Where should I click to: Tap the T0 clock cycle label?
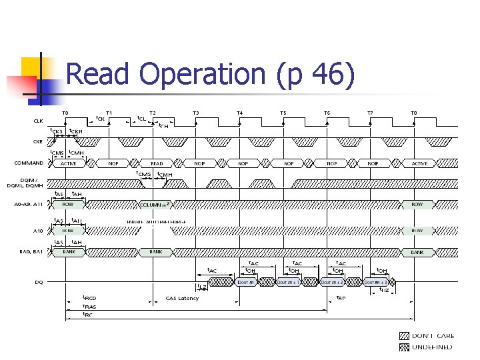pos(65,113)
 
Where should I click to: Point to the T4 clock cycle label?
pos(240,113)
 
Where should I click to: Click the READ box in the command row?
pos(157,163)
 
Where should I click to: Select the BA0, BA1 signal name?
pos(31,252)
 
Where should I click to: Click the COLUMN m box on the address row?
pos(157,204)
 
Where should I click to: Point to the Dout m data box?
pos(245,282)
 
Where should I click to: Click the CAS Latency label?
pos(182,298)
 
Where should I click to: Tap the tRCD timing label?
pos(89,298)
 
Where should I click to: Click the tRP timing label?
pos(340,298)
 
